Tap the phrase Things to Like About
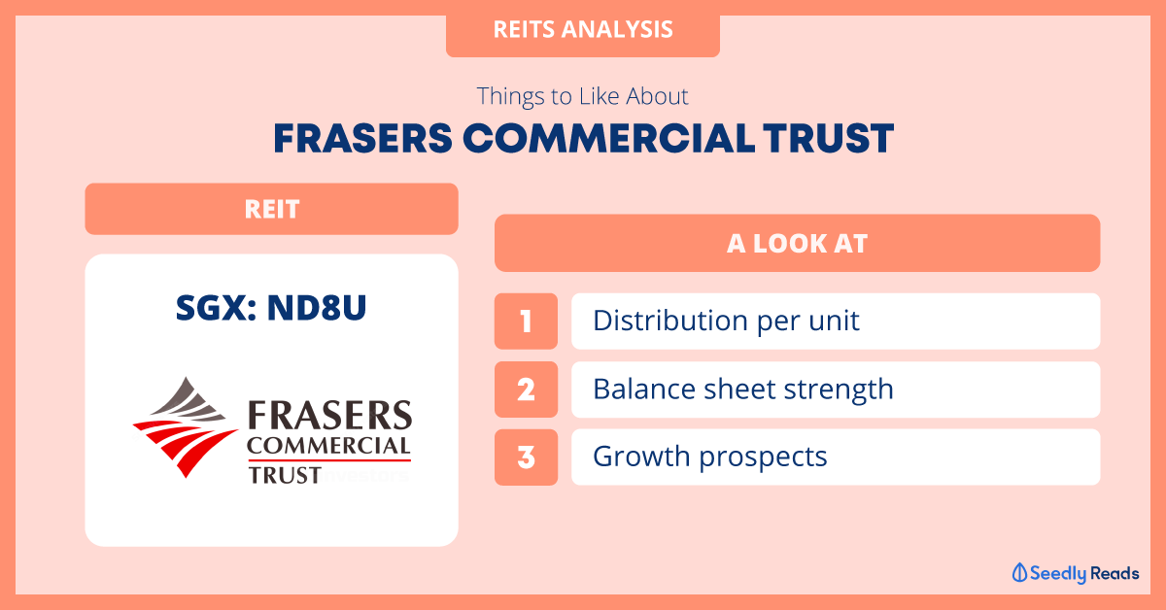coord(582,96)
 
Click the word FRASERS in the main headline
coord(362,139)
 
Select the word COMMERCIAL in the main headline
coord(608,139)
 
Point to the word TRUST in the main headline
coord(829,139)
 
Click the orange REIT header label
coord(271,209)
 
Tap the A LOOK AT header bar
coord(797,243)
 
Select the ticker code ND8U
coord(317,308)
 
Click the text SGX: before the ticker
coord(216,308)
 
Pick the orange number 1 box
coord(526,321)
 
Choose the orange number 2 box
coord(526,389)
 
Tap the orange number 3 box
coord(526,457)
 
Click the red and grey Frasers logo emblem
coord(186,426)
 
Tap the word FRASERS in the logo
coord(330,416)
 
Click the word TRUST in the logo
coord(284,475)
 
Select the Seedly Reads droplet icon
coord(1019,572)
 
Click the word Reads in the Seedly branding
coord(1115,573)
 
